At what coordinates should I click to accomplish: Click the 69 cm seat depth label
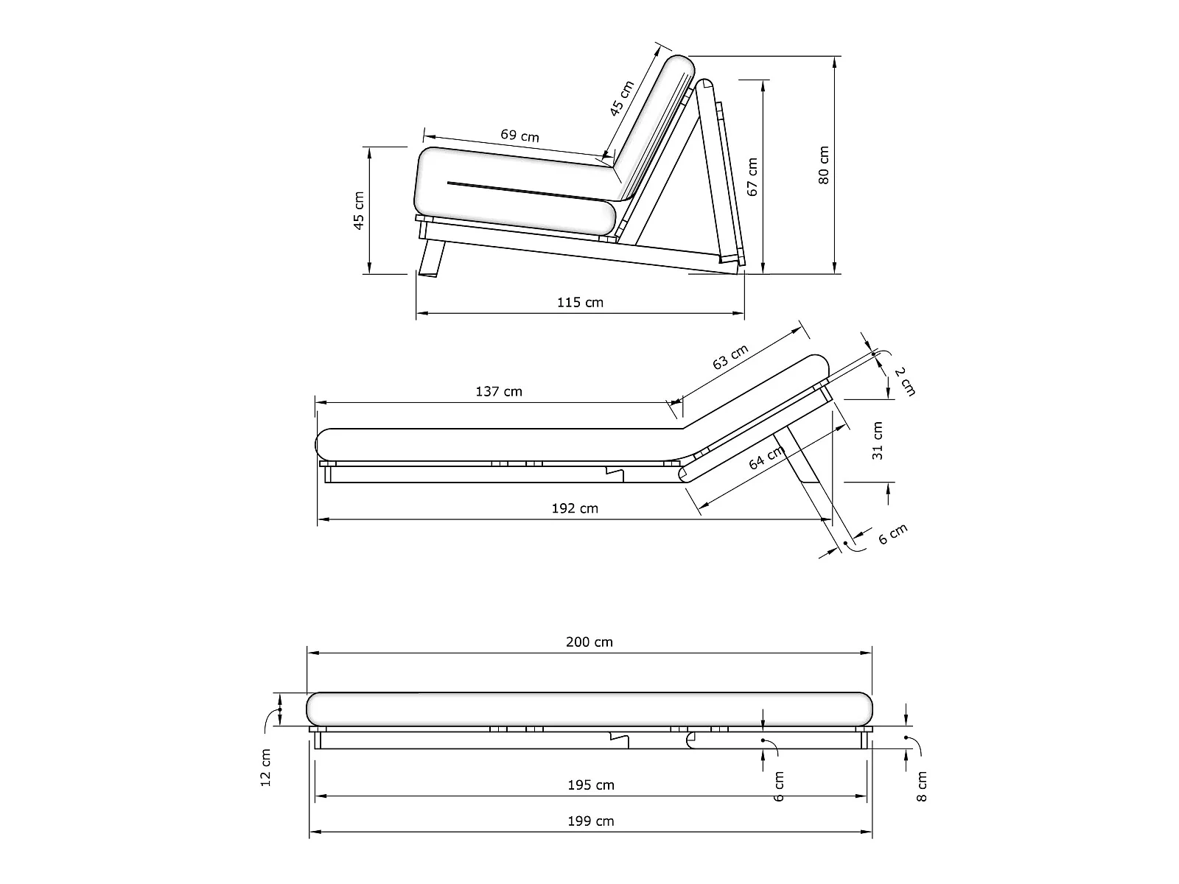click(x=519, y=136)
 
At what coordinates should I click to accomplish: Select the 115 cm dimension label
click(x=580, y=302)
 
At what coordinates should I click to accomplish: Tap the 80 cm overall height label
click(x=824, y=165)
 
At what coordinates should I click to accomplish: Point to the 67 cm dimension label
click(x=752, y=177)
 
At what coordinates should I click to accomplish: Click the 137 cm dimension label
click(x=499, y=391)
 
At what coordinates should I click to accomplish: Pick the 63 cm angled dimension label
click(x=730, y=357)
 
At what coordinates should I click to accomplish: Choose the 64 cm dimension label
click(x=766, y=458)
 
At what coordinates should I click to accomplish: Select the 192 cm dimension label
click(x=575, y=508)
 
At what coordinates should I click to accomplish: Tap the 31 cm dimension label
click(x=877, y=441)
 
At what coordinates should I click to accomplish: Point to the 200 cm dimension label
click(x=589, y=642)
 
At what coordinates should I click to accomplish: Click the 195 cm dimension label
click(x=591, y=785)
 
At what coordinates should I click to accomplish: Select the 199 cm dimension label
click(x=591, y=821)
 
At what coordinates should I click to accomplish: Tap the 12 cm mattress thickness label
click(x=266, y=767)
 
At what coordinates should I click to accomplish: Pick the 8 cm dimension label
click(x=923, y=786)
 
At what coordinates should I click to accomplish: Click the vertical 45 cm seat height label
click(x=359, y=210)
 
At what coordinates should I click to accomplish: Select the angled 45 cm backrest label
click(x=622, y=99)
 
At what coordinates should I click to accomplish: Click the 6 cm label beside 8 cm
click(x=780, y=786)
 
